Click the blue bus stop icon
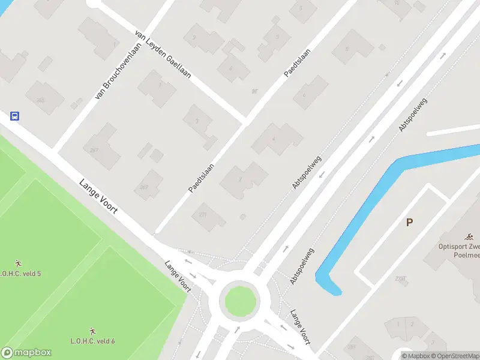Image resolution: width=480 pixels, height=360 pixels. (x=15, y=116)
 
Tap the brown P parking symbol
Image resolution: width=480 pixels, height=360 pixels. (x=409, y=223)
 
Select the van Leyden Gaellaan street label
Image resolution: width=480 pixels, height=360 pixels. (x=163, y=55)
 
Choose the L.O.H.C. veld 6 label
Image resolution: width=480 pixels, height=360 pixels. (x=92, y=341)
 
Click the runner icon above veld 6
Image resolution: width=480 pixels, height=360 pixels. (x=92, y=331)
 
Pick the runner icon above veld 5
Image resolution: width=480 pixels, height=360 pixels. (x=19, y=263)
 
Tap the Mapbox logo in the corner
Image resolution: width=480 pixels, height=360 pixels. (x=26, y=353)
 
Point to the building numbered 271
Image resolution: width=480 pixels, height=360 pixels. (x=207, y=215)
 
